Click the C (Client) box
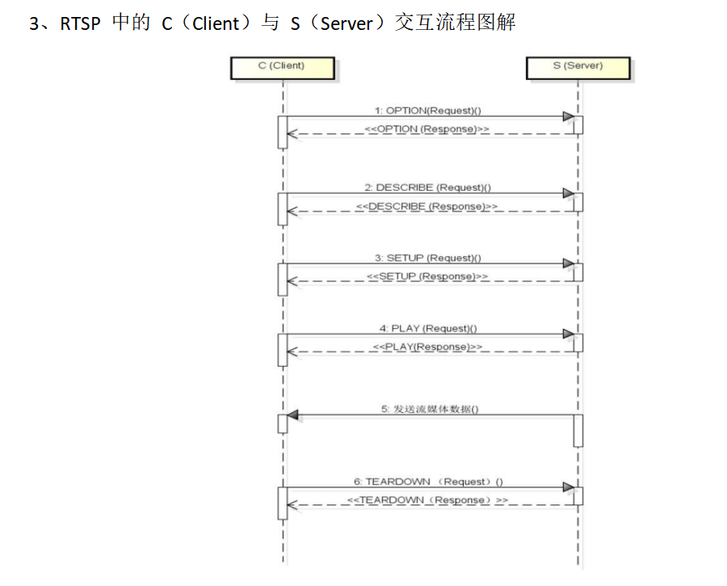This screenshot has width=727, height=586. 282,66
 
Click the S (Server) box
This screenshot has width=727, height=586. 578,66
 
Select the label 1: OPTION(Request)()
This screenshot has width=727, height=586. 427,110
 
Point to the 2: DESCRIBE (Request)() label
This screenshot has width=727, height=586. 428,188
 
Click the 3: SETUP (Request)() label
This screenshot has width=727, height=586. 428,258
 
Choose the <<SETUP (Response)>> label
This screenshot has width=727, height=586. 427,276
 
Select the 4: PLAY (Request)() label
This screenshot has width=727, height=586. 428,328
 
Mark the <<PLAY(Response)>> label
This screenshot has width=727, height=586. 427,347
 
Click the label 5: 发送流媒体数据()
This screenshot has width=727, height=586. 430,409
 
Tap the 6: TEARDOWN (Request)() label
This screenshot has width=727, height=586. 428,482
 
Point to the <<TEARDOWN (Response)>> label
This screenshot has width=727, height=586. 427,500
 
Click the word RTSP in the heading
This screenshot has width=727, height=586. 80,23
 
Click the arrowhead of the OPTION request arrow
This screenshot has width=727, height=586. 569,116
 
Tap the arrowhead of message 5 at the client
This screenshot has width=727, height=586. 293,415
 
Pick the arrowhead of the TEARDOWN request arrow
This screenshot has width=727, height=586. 569,487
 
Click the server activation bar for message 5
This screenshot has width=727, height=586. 578,430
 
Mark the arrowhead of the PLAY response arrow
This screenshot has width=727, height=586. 292,352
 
